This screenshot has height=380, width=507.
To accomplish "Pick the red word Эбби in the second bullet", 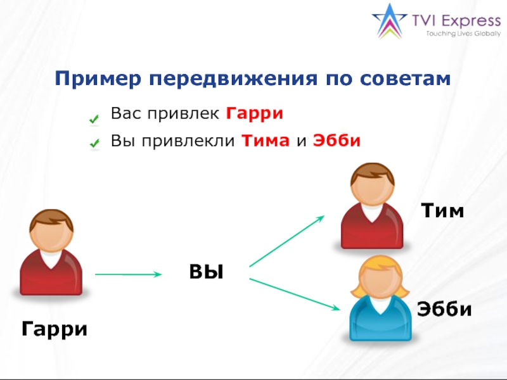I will tap(337, 141).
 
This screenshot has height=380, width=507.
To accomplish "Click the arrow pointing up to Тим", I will tap(286, 241).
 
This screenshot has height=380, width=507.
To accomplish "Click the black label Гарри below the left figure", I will tap(55, 329).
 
